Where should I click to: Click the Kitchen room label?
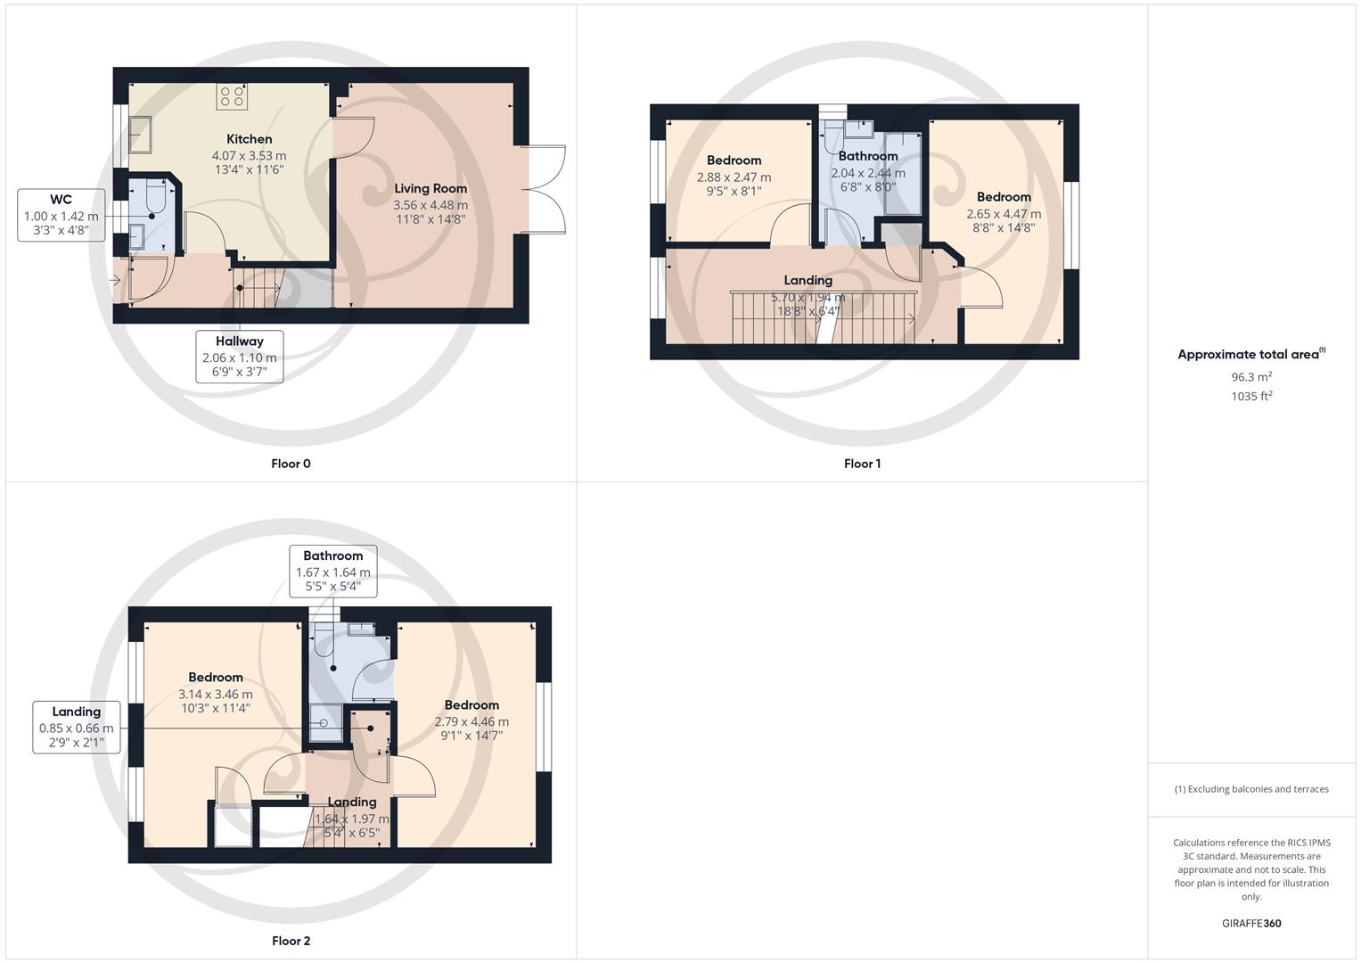249,139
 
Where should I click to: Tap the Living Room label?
430,188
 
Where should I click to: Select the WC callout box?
61,215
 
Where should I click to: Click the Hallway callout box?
239,357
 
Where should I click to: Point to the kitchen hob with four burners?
233,96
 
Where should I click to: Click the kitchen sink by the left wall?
140,135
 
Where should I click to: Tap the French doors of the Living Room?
544,189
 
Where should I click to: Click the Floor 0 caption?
291,464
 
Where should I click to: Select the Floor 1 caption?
862,464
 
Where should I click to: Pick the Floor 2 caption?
291,941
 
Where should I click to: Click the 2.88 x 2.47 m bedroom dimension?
734,177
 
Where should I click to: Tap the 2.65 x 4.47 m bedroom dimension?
1004,214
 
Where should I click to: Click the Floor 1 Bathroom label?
867,156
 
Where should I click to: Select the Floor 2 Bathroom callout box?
333,571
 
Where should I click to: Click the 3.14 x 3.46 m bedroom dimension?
216,694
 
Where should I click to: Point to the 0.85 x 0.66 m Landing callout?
77,728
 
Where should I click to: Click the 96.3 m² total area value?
1250,376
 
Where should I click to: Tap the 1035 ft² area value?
1250,396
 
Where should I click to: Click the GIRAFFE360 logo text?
1250,923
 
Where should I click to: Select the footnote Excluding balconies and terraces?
1250,789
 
